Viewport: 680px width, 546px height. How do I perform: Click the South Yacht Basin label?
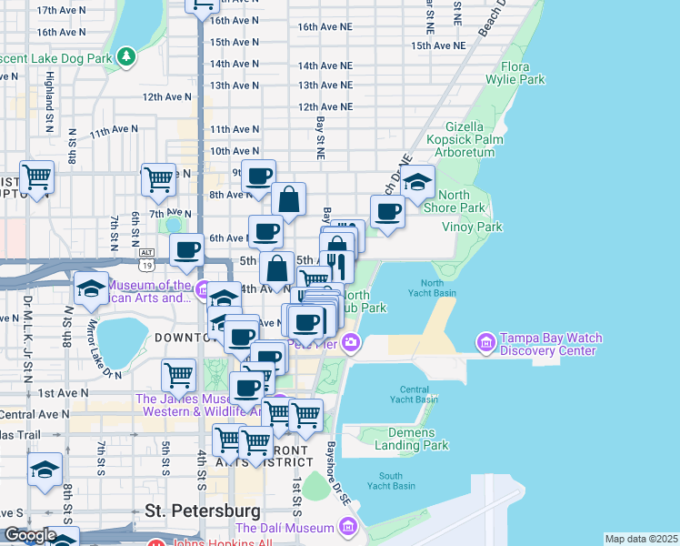391,481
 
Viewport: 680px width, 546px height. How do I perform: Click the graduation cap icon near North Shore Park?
417,183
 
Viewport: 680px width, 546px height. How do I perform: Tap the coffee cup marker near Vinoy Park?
387,211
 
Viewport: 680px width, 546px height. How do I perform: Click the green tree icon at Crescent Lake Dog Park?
126,58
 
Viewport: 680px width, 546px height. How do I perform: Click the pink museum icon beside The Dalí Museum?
347,526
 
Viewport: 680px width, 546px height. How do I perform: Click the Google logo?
29,535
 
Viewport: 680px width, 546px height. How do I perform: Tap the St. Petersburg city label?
203,511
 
